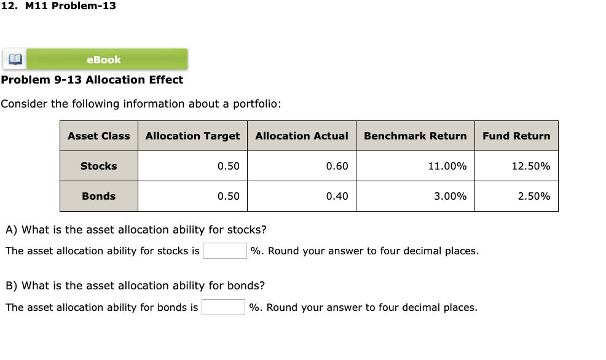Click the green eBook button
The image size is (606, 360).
104,60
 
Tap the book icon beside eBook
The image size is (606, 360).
14,60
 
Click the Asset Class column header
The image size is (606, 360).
98,136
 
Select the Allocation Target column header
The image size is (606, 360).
192,136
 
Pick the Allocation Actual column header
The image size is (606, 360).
301,136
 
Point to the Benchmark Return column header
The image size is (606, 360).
415,136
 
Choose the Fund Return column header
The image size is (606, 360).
516,136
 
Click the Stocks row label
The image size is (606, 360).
98,166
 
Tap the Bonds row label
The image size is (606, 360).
98,196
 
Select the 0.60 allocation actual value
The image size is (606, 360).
337,166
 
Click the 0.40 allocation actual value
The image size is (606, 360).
337,196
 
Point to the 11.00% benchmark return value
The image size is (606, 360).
447,166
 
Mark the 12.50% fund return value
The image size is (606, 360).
530,166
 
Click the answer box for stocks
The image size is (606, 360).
224,251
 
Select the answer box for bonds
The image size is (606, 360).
223,307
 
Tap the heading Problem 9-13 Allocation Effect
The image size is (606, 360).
92,80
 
